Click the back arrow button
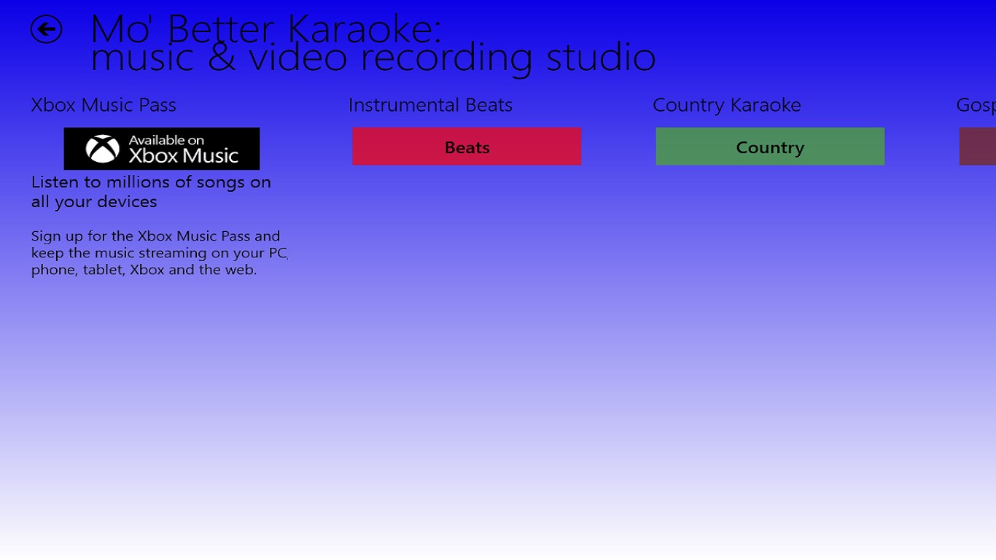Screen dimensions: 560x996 [x=46, y=29]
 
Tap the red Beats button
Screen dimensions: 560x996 [x=467, y=147]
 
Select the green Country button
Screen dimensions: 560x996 [x=770, y=147]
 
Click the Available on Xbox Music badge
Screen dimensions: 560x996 [x=162, y=149]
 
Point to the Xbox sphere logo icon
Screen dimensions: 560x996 [x=103, y=149]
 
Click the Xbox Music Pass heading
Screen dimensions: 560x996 [x=104, y=105]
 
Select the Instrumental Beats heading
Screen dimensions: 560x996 [x=430, y=105]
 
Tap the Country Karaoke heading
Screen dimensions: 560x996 [x=726, y=105]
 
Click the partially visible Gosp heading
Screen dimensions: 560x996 [x=976, y=106]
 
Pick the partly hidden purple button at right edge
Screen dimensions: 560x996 [x=978, y=147]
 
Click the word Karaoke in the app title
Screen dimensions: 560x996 [x=363, y=29]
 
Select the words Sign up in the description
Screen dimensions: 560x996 [x=55, y=236]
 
